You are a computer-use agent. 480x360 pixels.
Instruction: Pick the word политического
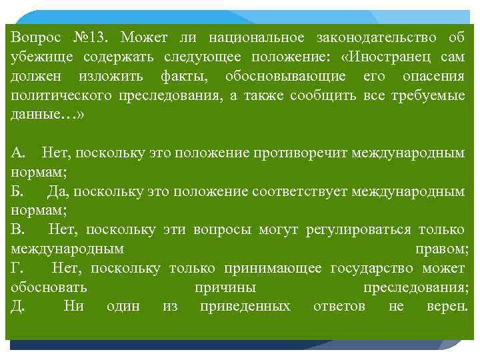(x=61, y=95)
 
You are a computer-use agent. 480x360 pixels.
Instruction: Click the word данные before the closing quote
(x=36, y=114)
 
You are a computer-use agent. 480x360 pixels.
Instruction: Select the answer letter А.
(x=18, y=153)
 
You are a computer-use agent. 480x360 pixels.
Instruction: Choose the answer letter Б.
(x=17, y=191)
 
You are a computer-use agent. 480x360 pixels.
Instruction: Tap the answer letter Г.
(x=16, y=268)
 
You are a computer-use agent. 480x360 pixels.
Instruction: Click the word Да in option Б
(x=58, y=191)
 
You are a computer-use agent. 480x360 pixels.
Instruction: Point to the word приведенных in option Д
(x=245, y=307)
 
